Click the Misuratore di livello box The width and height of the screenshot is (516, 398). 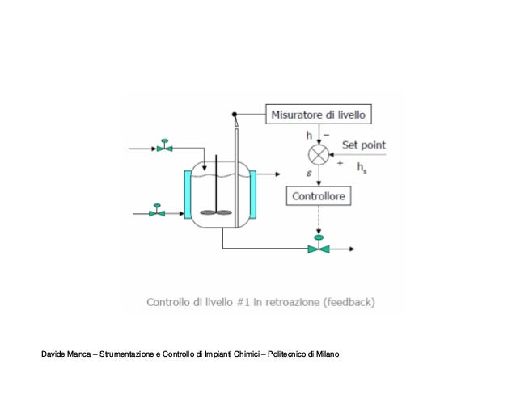coord(318,115)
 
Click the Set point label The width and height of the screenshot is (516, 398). coord(363,145)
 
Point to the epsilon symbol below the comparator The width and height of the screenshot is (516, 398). coord(309,171)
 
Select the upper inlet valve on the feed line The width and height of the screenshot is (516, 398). coord(164,148)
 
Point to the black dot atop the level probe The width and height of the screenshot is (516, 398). coord(235,115)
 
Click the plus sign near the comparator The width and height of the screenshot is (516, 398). coord(340,163)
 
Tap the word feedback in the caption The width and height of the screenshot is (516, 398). coord(350,304)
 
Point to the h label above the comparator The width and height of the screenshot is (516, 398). coord(309,135)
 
